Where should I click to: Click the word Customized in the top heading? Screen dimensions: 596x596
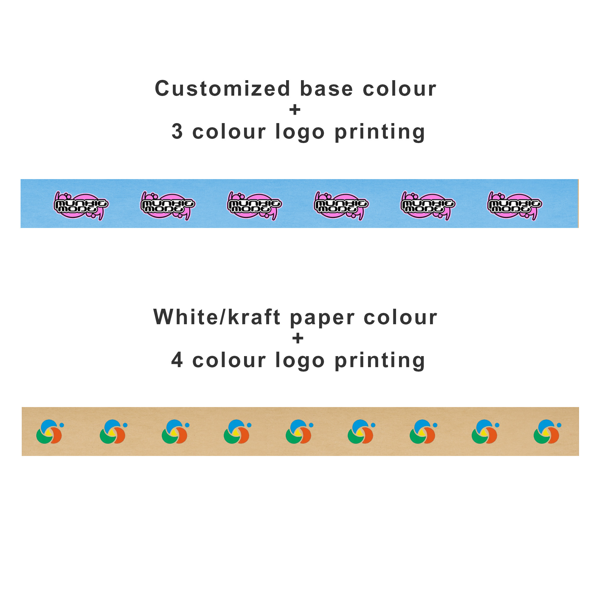click(x=222, y=89)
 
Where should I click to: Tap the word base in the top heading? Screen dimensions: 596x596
click(x=326, y=89)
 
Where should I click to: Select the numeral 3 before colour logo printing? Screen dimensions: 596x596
click(x=177, y=131)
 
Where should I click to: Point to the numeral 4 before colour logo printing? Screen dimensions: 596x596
click(x=177, y=360)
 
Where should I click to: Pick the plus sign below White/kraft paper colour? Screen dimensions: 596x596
click(x=298, y=339)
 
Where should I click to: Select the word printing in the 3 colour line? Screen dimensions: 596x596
click(x=380, y=132)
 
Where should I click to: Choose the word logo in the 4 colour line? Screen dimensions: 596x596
click(x=300, y=361)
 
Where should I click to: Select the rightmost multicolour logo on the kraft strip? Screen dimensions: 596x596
click(x=547, y=432)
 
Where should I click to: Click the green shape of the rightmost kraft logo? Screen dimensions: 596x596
click(x=541, y=437)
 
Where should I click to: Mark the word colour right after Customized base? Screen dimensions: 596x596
click(x=400, y=89)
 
